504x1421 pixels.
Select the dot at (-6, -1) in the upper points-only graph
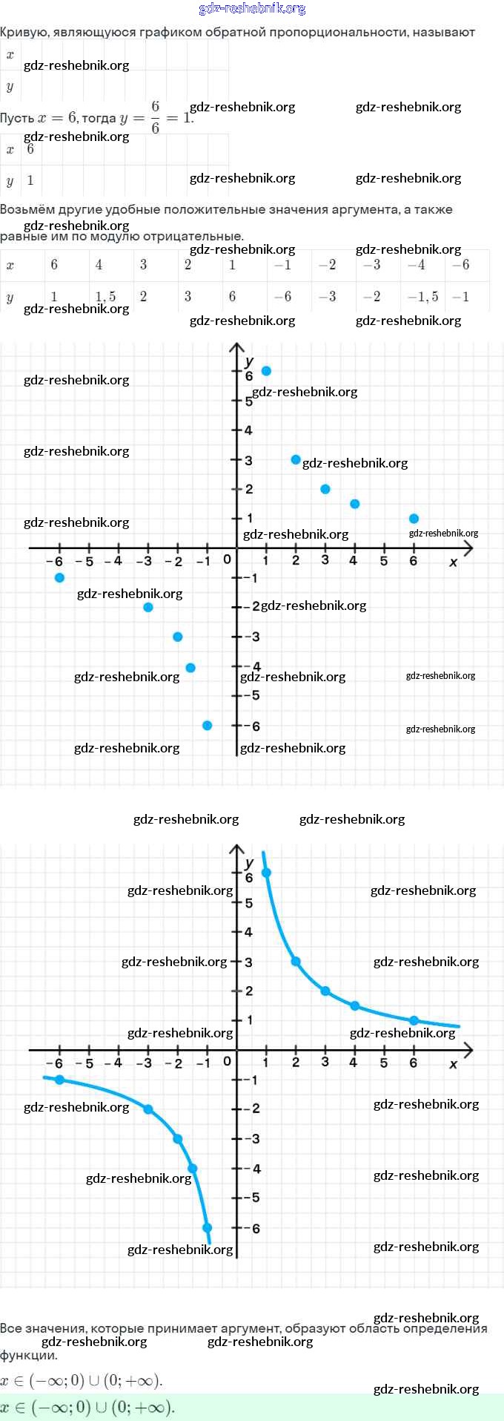pos(59,577)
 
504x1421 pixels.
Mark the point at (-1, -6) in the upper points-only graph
pos(207,725)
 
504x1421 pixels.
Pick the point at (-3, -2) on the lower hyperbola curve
pos(148,1109)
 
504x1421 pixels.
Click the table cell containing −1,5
pos(423,297)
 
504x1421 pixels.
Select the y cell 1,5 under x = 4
pos(105,297)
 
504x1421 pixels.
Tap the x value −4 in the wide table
pos(417,265)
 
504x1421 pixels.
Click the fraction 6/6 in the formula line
pos(155,117)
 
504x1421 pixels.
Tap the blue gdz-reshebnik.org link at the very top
pos(252,9)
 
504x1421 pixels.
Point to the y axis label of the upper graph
pos(249,361)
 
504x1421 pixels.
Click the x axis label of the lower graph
pos(454,1064)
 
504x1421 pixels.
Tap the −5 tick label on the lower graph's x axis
pos(85,1063)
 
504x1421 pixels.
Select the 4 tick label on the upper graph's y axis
pos(248,430)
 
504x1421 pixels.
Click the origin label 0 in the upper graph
pos(227,559)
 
